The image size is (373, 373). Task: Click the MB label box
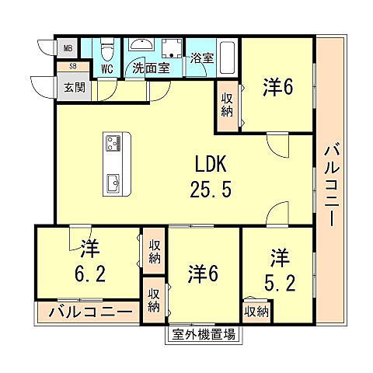tap(67, 48)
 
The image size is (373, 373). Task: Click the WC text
tap(108, 68)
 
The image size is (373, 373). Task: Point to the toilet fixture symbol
tap(109, 51)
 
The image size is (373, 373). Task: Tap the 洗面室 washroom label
tap(150, 68)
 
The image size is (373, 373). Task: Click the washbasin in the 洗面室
tap(142, 46)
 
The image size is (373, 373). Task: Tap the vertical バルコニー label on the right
tap(330, 183)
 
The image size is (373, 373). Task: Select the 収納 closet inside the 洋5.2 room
tap(256, 311)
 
